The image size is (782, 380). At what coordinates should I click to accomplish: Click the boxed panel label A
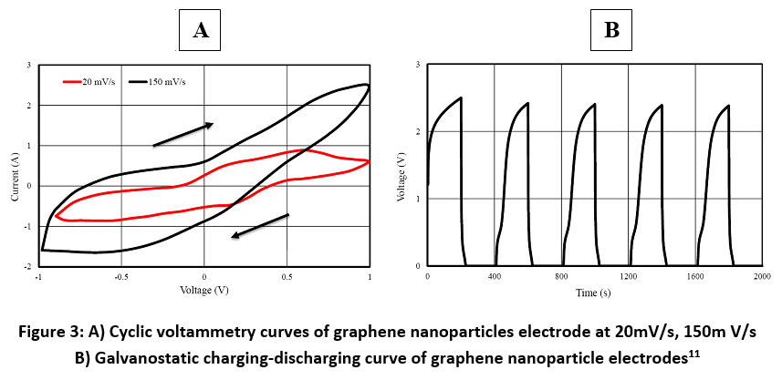click(201, 30)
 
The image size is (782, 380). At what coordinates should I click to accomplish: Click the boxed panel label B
click(612, 30)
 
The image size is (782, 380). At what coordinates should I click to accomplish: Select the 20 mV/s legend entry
click(93, 82)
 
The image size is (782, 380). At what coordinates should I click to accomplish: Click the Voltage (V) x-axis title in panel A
click(203, 291)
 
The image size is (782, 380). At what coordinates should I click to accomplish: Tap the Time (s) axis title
click(593, 293)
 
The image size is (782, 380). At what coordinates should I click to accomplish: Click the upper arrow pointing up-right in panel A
click(182, 134)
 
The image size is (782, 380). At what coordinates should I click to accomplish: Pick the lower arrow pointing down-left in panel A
click(260, 226)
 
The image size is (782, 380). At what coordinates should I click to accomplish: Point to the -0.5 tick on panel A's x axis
click(119, 276)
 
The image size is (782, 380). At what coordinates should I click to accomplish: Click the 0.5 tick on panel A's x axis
click(287, 276)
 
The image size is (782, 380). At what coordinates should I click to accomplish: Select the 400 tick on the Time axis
click(495, 276)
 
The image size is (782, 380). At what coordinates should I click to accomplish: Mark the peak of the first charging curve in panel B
click(461, 98)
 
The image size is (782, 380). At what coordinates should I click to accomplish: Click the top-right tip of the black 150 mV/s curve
click(367, 85)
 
